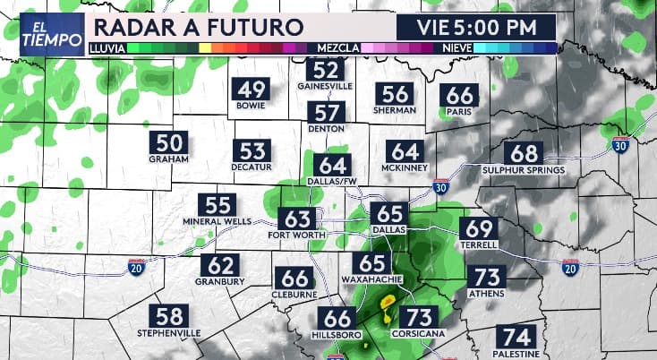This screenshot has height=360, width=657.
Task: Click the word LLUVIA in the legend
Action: (107, 47)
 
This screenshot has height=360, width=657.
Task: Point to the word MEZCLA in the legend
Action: (336, 47)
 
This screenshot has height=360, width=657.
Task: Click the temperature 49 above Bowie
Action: (252, 90)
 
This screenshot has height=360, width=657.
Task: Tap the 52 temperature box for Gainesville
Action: (325, 70)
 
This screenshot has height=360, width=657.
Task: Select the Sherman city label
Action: (395, 110)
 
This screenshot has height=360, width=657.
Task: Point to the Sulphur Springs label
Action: (524, 170)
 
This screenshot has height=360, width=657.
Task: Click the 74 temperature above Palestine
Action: (516, 339)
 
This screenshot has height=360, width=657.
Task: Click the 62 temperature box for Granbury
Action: (220, 266)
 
